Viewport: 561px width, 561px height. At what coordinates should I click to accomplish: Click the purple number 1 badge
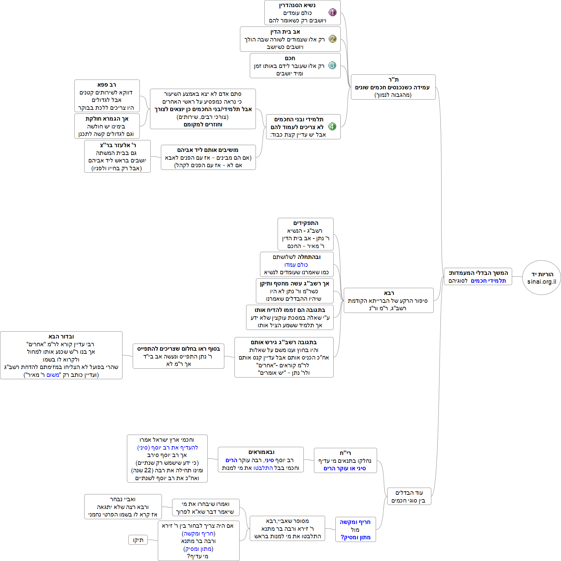(x=332, y=13)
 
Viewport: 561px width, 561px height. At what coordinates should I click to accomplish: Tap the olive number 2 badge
(x=332, y=39)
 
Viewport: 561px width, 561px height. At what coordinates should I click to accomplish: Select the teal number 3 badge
(x=332, y=65)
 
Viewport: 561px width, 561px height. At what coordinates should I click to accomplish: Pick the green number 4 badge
(x=332, y=127)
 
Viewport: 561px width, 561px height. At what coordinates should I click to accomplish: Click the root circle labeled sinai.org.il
(x=541, y=278)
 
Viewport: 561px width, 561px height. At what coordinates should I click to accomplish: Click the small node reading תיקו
(x=138, y=540)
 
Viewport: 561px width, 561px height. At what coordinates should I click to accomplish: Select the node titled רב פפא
(x=107, y=96)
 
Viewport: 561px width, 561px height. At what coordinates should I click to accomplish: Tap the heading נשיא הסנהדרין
(x=297, y=5)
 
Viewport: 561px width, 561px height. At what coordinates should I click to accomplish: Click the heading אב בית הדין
(x=285, y=32)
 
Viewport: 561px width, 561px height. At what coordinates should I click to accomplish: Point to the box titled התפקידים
(x=305, y=234)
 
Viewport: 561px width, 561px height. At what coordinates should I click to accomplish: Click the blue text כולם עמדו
(x=296, y=265)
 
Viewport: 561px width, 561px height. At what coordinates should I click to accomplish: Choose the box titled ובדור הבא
(x=61, y=355)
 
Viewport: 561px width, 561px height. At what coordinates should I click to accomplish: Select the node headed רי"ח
(x=345, y=460)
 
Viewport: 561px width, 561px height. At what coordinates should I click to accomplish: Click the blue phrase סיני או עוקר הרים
(x=344, y=468)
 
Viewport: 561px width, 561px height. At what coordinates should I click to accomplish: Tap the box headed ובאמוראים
(x=261, y=460)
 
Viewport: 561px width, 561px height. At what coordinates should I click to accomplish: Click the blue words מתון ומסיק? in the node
(x=355, y=537)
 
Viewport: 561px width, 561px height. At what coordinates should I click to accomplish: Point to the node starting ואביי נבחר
(x=123, y=507)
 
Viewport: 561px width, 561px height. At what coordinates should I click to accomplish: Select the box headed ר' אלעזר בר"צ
(x=117, y=156)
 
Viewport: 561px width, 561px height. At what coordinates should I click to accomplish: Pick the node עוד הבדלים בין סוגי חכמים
(x=409, y=496)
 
